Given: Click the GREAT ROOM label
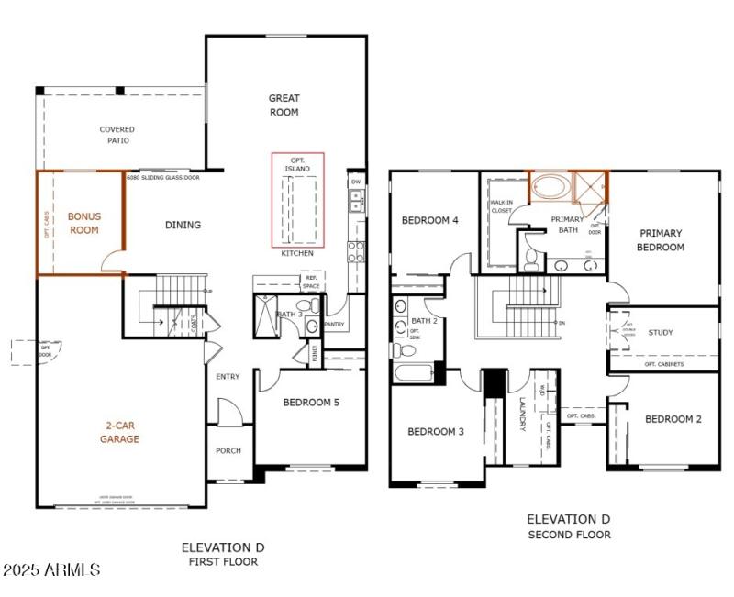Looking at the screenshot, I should (x=284, y=105).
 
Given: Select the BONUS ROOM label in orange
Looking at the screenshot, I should (x=83, y=223).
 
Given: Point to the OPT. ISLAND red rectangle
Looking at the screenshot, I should (x=298, y=200).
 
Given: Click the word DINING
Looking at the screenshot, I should (x=183, y=225).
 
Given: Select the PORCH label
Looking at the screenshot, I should (x=228, y=450).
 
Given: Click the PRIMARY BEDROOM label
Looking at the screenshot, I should (x=662, y=239).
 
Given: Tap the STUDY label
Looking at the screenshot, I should (x=661, y=333).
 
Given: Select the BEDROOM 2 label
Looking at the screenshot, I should (x=673, y=419).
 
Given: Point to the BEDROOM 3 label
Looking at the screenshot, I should (x=436, y=431).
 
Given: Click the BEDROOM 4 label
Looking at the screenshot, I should (x=430, y=220).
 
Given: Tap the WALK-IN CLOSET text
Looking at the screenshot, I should (x=501, y=205).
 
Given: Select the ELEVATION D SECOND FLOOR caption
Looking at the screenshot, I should (x=569, y=526).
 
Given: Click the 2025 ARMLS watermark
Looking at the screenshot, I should (x=51, y=570).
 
